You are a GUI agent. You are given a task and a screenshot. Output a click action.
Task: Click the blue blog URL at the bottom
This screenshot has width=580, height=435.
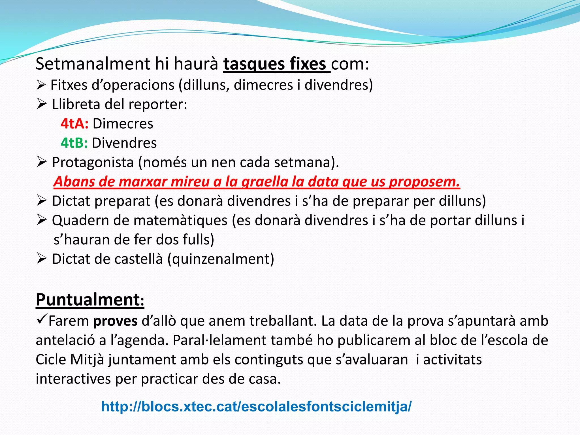[x=256, y=406]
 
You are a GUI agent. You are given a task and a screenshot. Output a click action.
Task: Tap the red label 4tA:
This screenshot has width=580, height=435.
[x=74, y=124]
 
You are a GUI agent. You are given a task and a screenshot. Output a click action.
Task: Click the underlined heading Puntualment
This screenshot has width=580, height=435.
[x=90, y=300]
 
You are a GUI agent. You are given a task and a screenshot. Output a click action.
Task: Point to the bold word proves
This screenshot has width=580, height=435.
[x=115, y=321]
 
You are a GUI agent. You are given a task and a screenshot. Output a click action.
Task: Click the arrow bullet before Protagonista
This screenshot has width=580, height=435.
[x=41, y=162]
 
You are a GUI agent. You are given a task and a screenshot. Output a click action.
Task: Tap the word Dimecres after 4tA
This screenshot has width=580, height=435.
[x=123, y=124]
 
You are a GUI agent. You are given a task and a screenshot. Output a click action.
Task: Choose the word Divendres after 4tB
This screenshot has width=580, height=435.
[x=124, y=143]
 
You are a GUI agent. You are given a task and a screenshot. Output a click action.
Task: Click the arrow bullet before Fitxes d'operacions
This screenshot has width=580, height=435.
[x=41, y=85]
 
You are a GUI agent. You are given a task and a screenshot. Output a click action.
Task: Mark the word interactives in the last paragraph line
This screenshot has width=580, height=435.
[x=73, y=379]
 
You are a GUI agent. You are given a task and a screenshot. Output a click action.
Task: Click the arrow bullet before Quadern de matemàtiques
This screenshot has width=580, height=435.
[x=41, y=220]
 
